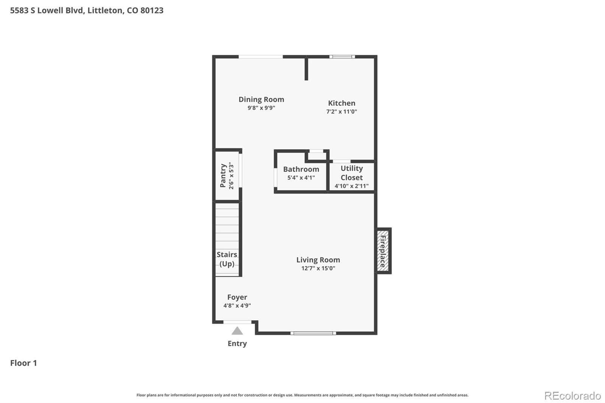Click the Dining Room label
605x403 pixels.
tap(261, 99)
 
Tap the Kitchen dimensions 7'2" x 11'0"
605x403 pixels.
tap(342, 112)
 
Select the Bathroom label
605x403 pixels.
tap(301, 169)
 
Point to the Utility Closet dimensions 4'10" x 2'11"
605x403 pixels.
tap(352, 186)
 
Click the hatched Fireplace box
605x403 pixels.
tap(383, 251)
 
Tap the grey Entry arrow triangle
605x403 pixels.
tap(237, 331)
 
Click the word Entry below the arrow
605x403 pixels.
tap(237, 344)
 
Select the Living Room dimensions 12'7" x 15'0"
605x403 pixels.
tap(318, 268)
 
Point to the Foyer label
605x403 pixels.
tap(237, 298)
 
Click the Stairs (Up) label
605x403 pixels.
tap(227, 259)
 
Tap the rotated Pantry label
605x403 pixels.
tap(223, 175)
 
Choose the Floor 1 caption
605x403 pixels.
tap(23, 363)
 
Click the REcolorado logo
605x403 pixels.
tap(572, 396)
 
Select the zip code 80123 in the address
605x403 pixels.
tap(152, 10)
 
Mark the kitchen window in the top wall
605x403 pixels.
tap(342, 57)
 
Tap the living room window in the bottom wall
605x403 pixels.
tap(313, 333)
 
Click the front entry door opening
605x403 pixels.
tap(237, 322)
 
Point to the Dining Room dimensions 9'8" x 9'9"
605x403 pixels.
tap(261, 108)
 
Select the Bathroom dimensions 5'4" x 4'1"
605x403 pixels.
tap(301, 178)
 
